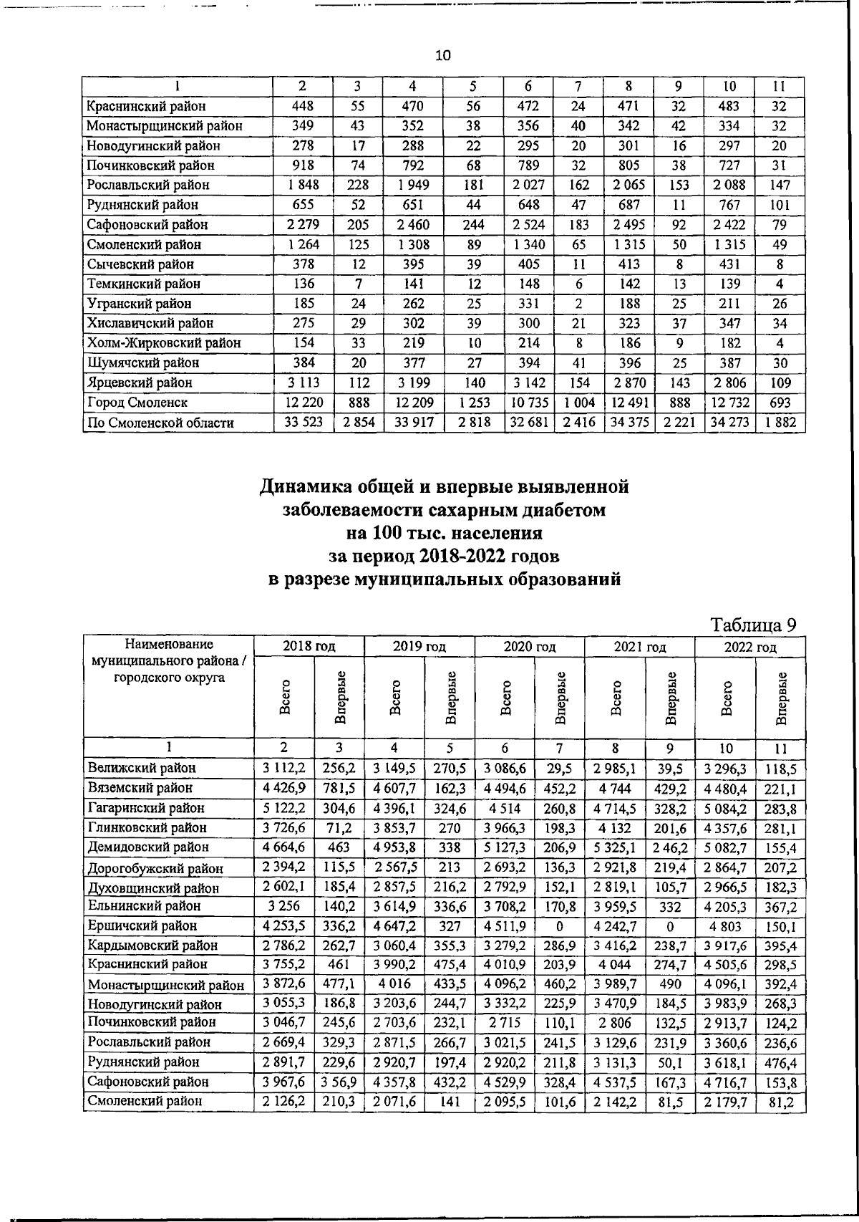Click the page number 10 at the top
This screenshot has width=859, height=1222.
[x=443, y=56]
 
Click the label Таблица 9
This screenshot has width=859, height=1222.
[x=753, y=625]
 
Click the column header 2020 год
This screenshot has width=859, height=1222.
[x=530, y=647]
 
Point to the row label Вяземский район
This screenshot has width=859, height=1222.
[x=140, y=788]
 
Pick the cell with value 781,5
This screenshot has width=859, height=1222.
[x=340, y=788]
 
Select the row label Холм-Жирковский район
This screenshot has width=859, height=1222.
[x=163, y=343]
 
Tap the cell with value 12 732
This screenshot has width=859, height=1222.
[x=729, y=403]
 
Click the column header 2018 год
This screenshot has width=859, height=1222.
[x=309, y=647]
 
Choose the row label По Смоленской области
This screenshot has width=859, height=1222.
[x=160, y=423]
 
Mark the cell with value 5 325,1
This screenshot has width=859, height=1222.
[x=615, y=847]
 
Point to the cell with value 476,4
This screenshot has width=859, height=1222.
[x=780, y=1062]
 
